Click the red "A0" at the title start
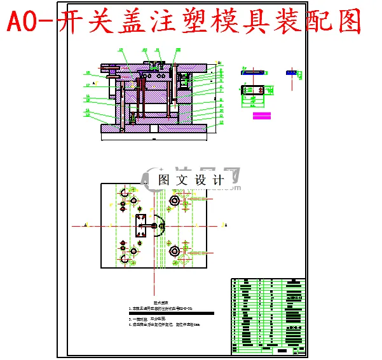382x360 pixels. click(24, 23)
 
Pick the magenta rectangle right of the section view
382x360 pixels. click(262, 116)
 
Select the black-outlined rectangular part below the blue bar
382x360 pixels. click(254, 93)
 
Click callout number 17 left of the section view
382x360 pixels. click(87, 85)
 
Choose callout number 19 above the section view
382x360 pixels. click(121, 50)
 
